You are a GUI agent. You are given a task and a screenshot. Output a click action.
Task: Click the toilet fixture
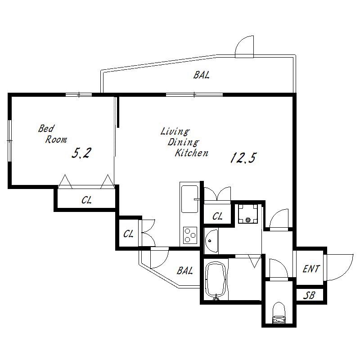pos(279,313)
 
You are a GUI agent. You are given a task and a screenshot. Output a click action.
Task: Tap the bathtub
pos(216,281)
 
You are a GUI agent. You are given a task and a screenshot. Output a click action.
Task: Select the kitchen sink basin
pos(189,199)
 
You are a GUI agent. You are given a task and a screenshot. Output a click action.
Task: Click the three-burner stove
pos(190,235)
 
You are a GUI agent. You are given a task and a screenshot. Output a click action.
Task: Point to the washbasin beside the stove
pos(211,241)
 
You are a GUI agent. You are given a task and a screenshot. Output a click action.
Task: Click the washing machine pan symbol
pos(248,214)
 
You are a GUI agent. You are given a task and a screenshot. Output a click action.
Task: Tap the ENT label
pos(311,269)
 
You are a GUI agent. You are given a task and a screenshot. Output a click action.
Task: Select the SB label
pos(309,295)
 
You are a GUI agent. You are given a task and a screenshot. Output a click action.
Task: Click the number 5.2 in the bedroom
pos(81,153)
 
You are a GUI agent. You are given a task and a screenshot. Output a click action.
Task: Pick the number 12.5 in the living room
pos(243,158)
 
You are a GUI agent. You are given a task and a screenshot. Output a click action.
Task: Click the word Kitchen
pos(192,153)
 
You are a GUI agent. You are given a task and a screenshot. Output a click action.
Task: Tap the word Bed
pos(46,129)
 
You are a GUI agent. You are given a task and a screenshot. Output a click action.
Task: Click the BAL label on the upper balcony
pos(201,75)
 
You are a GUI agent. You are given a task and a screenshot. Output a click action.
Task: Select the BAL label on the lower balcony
pos(185,271)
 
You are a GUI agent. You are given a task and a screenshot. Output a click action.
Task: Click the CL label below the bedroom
pos(86,200)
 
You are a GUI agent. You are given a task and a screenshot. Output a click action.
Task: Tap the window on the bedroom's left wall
pos(9,141)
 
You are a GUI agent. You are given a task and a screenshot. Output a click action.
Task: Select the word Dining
pos(183,142)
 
